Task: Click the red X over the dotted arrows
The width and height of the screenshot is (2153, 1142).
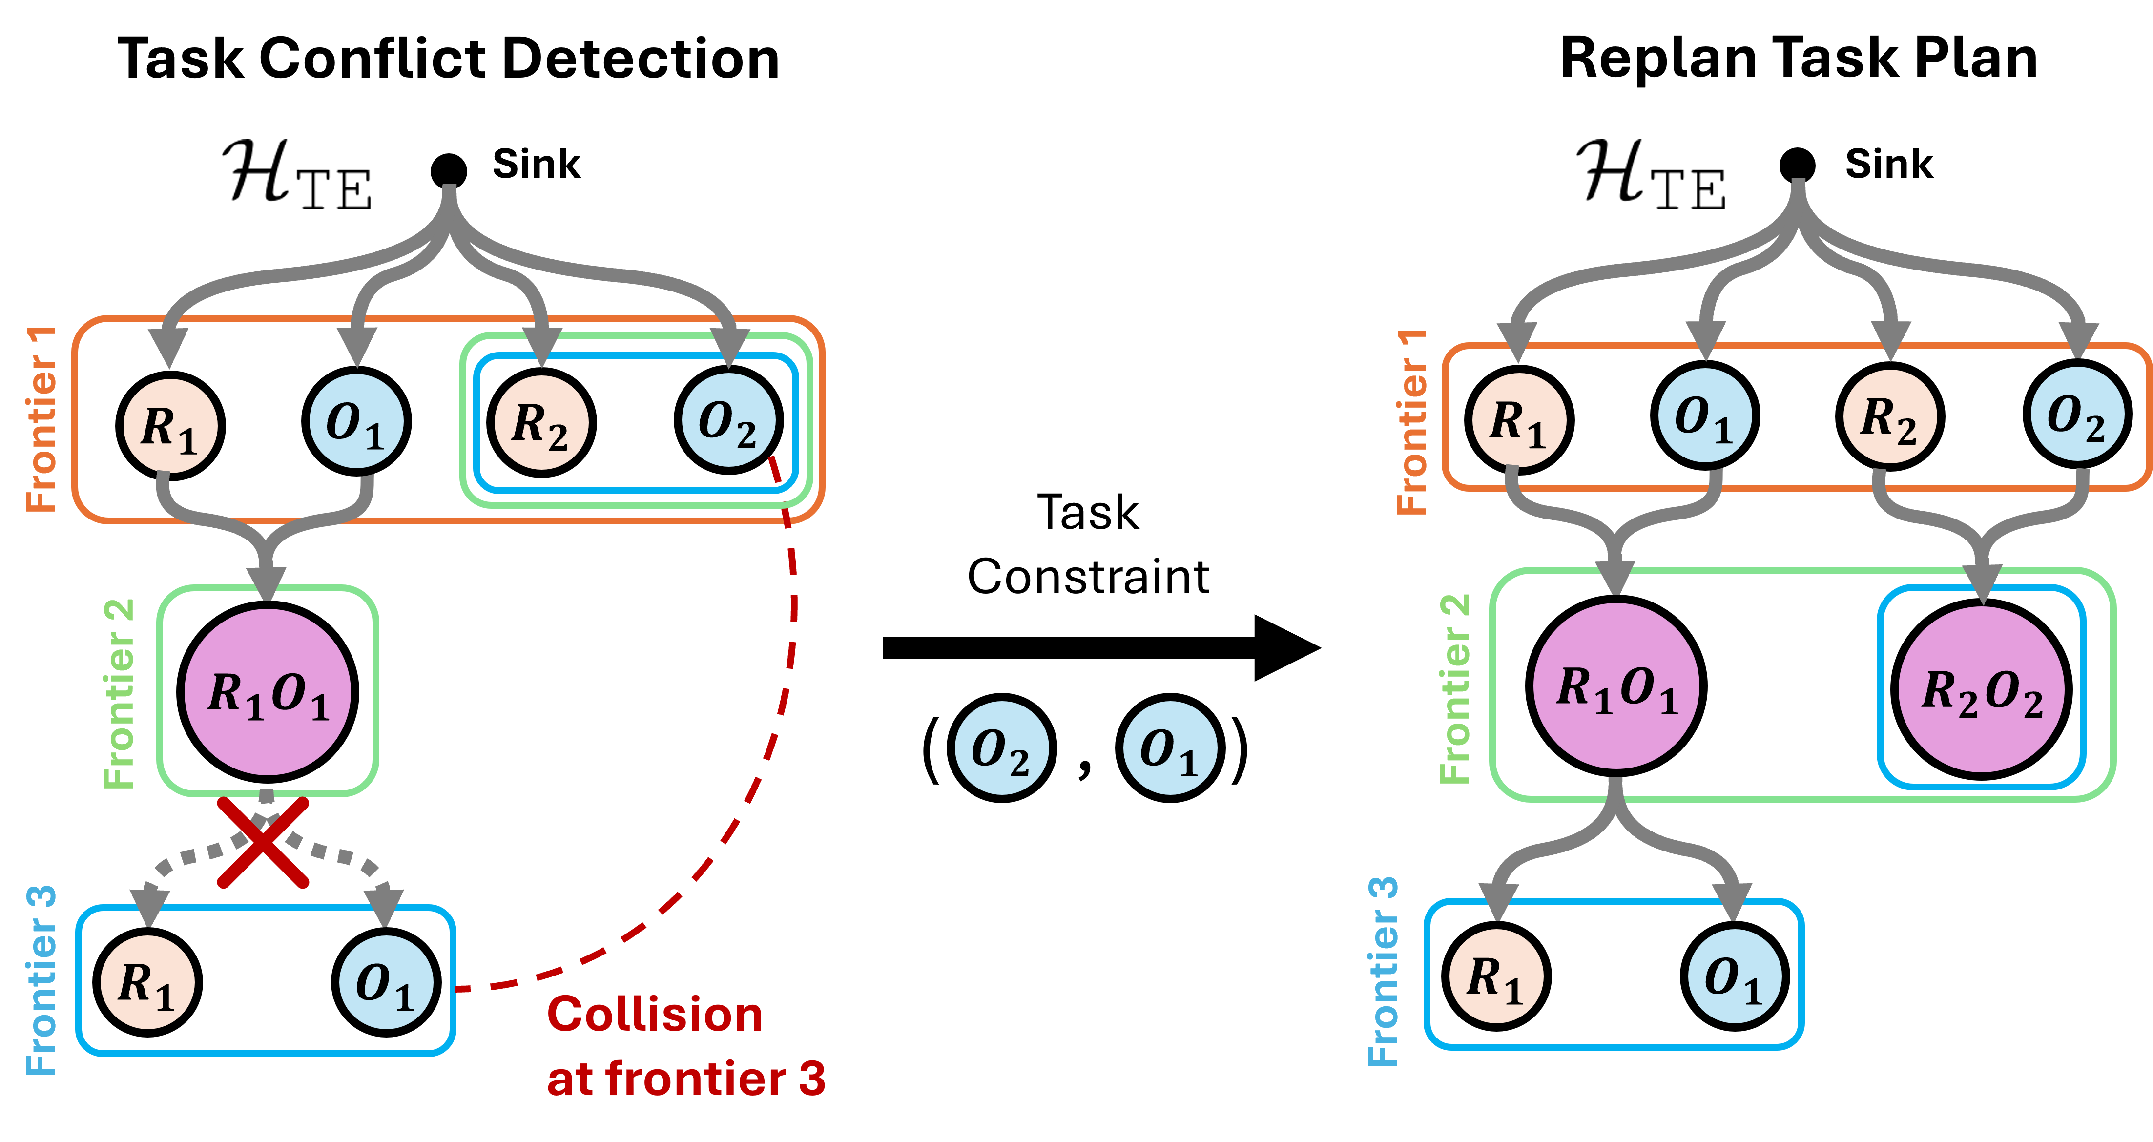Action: pyautogui.click(x=263, y=842)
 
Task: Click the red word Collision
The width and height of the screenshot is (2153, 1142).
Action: pyautogui.click(x=654, y=1015)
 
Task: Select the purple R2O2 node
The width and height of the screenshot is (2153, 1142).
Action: pyautogui.click(x=1982, y=690)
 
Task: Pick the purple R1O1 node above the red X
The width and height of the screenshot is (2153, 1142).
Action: pyautogui.click(x=268, y=692)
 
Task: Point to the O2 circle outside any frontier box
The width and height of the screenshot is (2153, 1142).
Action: pyautogui.click(x=1001, y=747)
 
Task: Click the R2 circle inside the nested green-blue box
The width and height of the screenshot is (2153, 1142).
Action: pyautogui.click(x=541, y=422)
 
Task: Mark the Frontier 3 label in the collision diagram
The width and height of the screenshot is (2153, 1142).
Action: pyautogui.click(x=42, y=980)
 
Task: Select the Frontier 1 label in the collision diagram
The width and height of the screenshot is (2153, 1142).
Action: pyautogui.click(x=42, y=418)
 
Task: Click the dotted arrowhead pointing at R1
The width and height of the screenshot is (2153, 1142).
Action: pyautogui.click(x=149, y=907)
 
